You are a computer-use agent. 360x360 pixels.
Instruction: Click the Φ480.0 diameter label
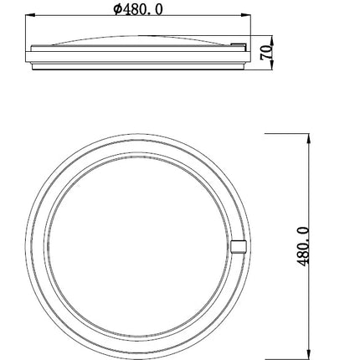pyautogui.click(x=138, y=10)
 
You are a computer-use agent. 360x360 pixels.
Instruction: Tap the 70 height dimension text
pyautogui.click(x=266, y=52)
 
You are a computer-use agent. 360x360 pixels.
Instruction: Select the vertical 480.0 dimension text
pyautogui.click(x=303, y=246)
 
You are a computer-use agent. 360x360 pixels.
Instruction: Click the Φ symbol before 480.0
pyautogui.click(x=117, y=10)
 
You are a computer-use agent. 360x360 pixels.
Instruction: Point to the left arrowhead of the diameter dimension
pyautogui.click(x=30, y=15)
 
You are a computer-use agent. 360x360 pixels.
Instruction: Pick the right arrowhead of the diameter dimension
pyautogui.click(x=246, y=15)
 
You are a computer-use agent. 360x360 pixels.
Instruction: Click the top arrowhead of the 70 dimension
pyautogui.click(x=272, y=40)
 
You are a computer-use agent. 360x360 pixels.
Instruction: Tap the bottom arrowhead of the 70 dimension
pyautogui.click(x=272, y=64)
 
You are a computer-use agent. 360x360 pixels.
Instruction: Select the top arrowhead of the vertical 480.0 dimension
pyautogui.click(x=308, y=139)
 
